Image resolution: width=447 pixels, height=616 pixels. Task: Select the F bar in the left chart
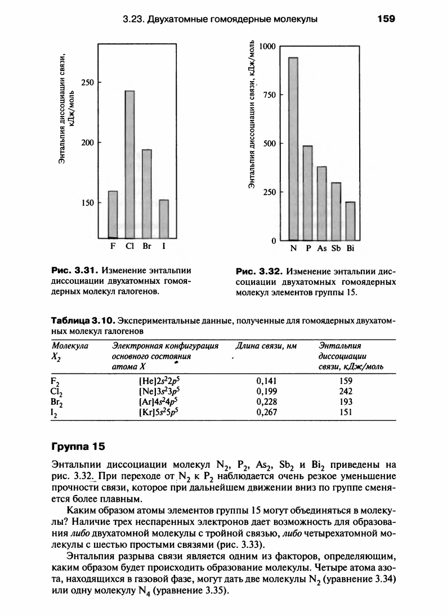tap(113, 215)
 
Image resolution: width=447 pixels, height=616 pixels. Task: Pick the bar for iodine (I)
tap(164, 219)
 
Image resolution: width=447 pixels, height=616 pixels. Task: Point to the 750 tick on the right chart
tap(269, 95)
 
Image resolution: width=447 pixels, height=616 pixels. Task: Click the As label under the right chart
tap(321, 248)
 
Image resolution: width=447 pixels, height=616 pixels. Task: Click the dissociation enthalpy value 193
tap(346, 401)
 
